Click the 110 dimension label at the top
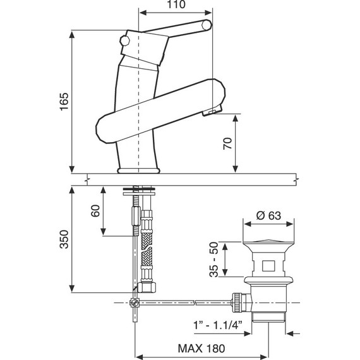click(x=176, y=4)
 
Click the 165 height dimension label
click(x=64, y=102)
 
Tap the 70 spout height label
click(x=228, y=143)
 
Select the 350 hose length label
click(x=64, y=239)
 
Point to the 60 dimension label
click(x=96, y=211)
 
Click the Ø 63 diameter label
click(x=268, y=215)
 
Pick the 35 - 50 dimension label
click(x=214, y=260)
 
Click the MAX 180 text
click(x=201, y=348)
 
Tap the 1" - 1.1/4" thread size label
click(x=218, y=325)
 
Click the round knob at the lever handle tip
click(x=207, y=25)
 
